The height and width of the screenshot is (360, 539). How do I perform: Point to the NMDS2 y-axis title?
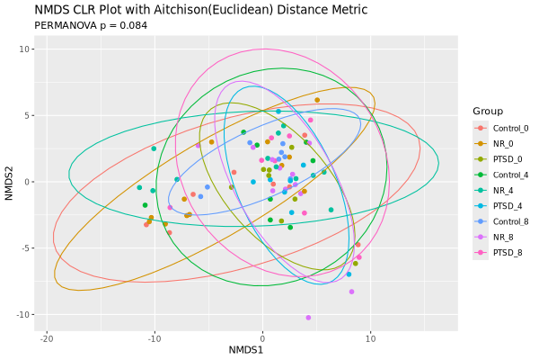9,183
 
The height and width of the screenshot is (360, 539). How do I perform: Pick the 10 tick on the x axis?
370,338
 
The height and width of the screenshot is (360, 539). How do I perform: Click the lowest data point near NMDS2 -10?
308,318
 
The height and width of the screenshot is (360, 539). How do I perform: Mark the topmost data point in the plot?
317,100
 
